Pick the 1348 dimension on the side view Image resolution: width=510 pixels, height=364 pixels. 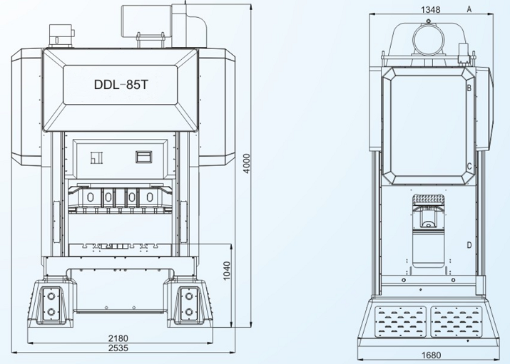(430, 9)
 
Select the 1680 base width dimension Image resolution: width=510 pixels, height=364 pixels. (430, 355)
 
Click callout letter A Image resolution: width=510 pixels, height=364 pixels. (469, 9)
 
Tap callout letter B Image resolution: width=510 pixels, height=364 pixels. (469, 88)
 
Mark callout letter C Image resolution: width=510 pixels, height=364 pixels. (469, 167)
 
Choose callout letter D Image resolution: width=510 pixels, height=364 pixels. (469, 245)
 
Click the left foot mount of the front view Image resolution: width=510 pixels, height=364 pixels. (51, 304)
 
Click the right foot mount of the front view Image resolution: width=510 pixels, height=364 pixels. (188, 304)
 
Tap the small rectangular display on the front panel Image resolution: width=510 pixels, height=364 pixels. (145, 155)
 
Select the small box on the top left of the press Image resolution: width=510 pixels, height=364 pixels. (60, 35)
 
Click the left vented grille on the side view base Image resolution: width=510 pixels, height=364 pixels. (401, 321)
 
